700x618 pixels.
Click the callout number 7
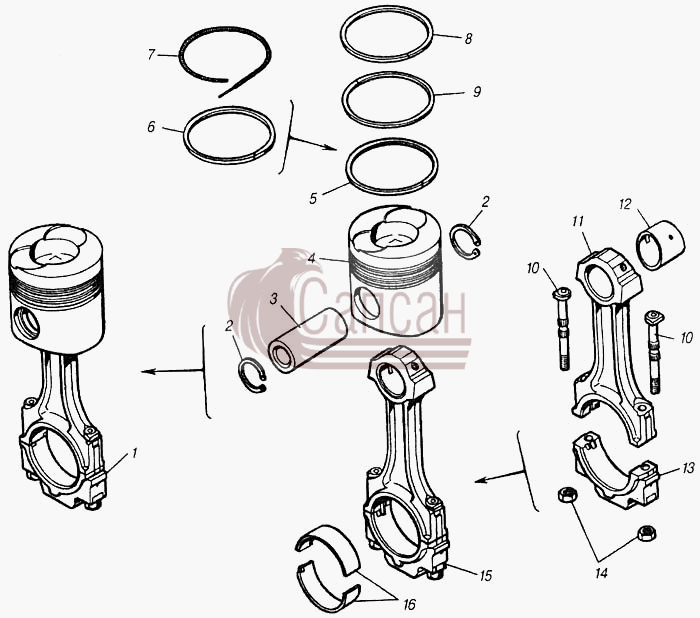151,54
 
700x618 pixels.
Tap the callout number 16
409,604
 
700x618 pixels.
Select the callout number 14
601,573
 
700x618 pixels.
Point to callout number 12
625,204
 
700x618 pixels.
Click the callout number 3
274,299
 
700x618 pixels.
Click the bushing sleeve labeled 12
660,245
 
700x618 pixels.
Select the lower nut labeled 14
646,533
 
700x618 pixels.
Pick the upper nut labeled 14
567,495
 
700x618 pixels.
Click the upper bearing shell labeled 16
327,546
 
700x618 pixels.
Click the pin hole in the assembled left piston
27,322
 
